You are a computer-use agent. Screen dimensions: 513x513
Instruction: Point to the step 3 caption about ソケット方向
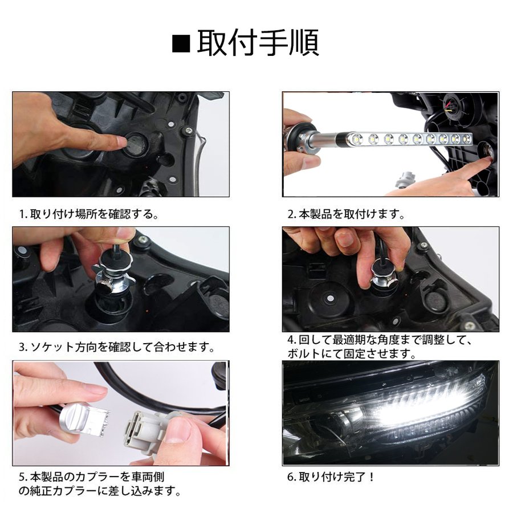coord(116,347)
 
